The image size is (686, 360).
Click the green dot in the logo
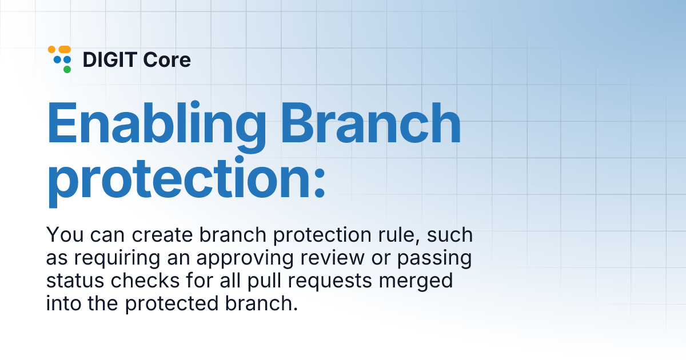67,70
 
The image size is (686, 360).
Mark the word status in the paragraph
69,281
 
